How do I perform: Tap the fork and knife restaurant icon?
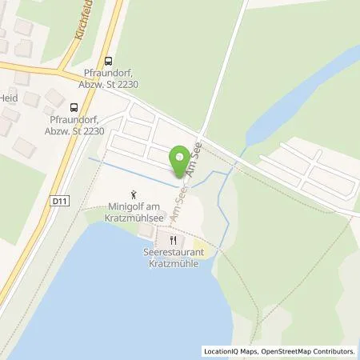[172, 240]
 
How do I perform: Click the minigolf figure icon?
[135, 193]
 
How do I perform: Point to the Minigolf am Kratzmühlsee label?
[135, 212]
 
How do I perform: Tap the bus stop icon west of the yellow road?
[74, 106]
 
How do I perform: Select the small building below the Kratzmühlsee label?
[144, 230]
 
